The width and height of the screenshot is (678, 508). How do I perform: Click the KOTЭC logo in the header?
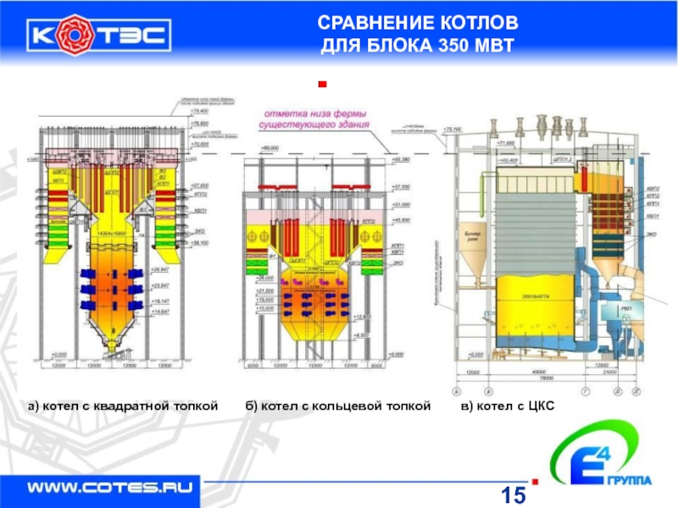click(100, 35)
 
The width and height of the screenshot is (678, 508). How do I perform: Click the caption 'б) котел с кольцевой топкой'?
click(339, 407)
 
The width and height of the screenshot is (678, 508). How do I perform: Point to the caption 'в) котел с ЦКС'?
click(507, 407)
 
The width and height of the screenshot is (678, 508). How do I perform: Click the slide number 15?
click(514, 494)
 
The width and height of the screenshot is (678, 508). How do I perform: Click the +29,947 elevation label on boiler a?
click(160, 268)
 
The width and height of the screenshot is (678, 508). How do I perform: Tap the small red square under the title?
click(321, 85)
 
